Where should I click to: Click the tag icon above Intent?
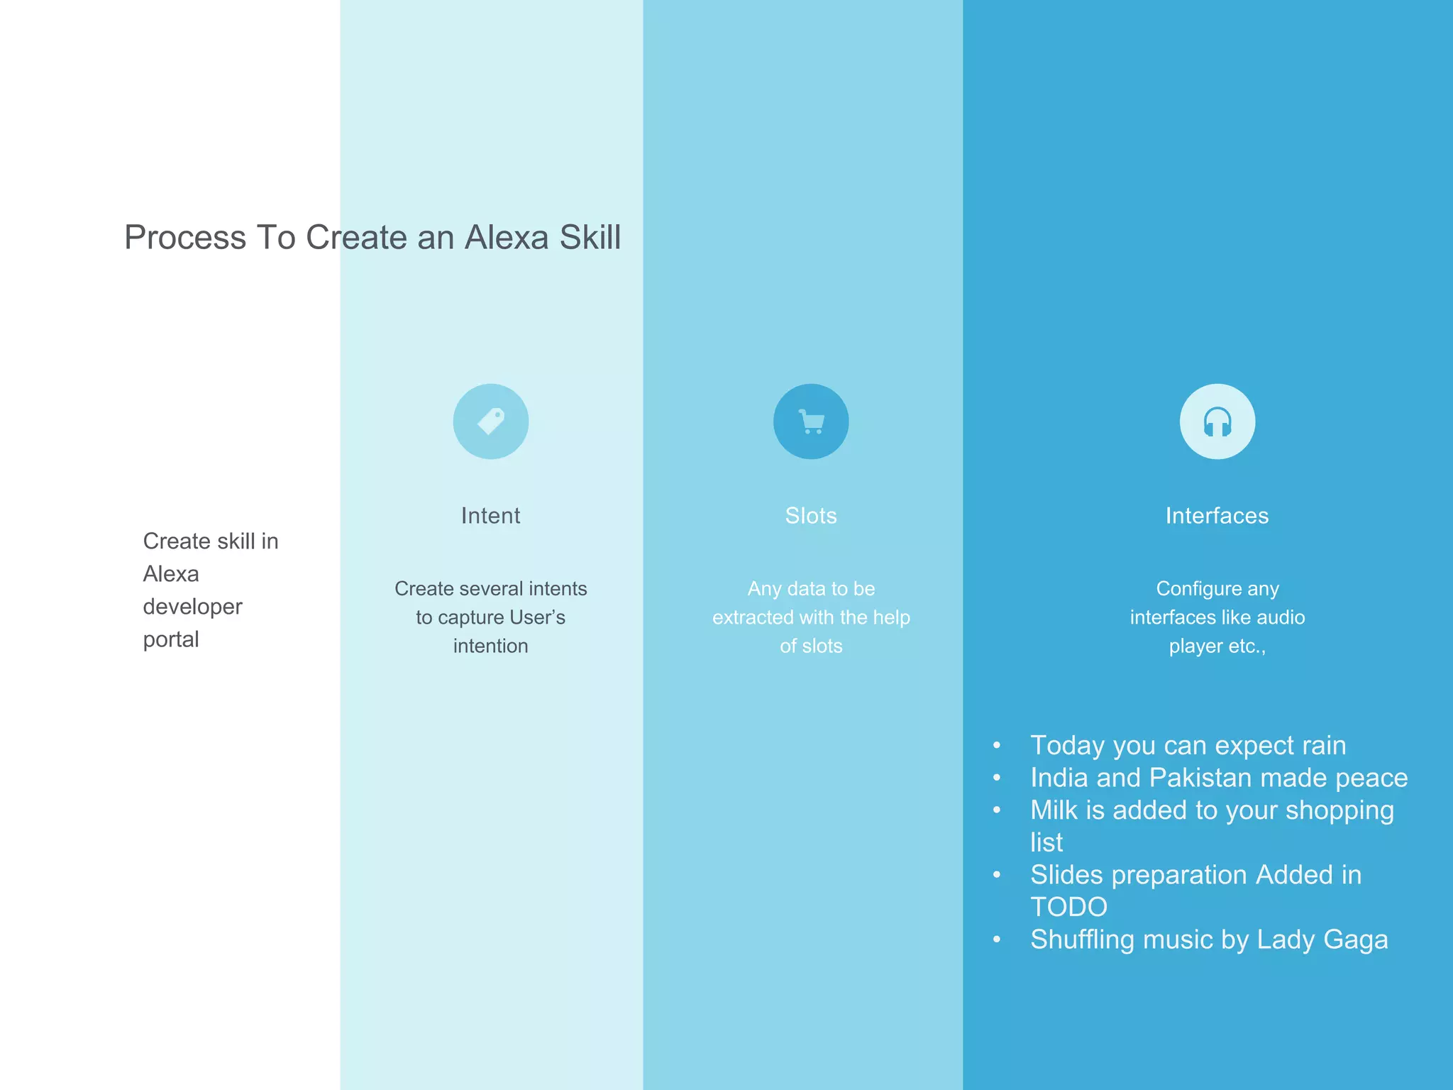491,422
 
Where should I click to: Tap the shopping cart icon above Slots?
811,422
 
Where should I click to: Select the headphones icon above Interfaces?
1217,422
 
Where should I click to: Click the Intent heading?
490,515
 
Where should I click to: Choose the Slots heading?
811,515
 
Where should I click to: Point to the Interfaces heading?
1217,515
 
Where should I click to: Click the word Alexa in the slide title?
507,237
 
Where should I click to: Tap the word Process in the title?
185,237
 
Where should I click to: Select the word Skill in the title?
590,237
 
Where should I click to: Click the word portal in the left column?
171,639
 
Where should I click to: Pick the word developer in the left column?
192,607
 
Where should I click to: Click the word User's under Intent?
537,617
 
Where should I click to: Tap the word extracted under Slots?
753,617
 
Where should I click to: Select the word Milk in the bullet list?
1054,810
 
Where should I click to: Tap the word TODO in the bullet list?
1068,907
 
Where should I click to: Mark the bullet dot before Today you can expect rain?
997,746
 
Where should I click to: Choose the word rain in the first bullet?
1323,746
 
